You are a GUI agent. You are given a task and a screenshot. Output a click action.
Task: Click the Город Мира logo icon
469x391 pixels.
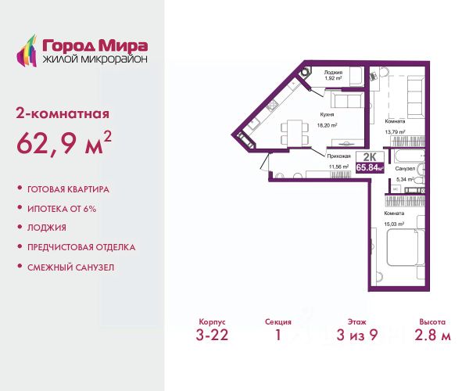coord(27,51)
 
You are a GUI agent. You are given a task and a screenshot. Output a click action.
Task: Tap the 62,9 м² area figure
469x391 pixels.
coord(64,143)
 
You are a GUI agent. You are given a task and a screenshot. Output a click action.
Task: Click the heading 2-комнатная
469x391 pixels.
coord(63,114)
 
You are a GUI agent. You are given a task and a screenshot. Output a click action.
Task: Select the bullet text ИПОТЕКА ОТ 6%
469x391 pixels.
coord(62,209)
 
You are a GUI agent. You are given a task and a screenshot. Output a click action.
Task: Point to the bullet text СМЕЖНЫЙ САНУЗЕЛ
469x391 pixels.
coord(70,267)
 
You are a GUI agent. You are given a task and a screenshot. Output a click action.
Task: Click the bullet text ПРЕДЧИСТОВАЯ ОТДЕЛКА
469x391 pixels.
coord(81,247)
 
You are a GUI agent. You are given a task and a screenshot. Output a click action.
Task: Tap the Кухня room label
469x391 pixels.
coord(327,115)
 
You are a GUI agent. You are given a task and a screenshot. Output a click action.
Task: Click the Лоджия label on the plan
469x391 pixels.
coord(333,73)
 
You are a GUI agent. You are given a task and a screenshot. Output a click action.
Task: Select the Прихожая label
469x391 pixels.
coord(339,156)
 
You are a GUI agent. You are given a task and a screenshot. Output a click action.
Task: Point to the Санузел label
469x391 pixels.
coord(405,169)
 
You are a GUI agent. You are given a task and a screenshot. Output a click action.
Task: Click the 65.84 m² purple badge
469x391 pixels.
coord(370,167)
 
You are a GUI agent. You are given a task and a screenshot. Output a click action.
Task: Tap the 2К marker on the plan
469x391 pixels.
coord(370,157)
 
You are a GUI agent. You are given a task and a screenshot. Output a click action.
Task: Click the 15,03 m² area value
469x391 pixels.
coord(394,224)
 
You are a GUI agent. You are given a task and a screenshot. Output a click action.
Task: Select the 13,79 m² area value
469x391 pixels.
coord(395,131)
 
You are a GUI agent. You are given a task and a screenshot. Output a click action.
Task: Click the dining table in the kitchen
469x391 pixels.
coord(295,133)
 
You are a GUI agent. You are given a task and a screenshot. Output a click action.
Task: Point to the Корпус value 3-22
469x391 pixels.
coord(212,335)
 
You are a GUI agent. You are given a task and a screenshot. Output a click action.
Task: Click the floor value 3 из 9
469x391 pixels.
coord(357,335)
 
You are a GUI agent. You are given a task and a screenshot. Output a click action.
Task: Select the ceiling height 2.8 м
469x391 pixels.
coord(432,335)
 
